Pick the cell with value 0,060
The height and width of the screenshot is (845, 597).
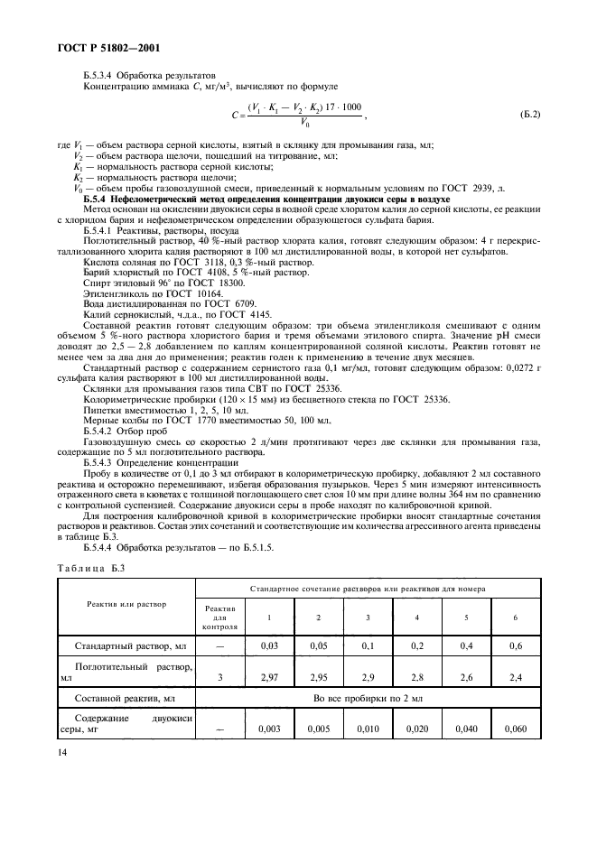pyautogui.click(x=515, y=729)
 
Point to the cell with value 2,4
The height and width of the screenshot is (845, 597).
pyautogui.click(x=515, y=675)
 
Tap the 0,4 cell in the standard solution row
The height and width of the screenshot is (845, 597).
pyautogui.click(x=465, y=646)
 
